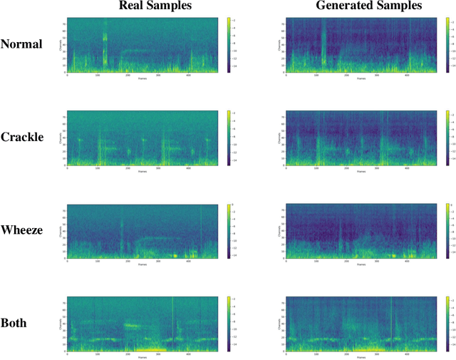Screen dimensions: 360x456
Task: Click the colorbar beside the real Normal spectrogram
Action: [x=228, y=44]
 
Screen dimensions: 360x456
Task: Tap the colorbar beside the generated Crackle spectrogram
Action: [x=447, y=137]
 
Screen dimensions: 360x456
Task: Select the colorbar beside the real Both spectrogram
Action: [x=228, y=323]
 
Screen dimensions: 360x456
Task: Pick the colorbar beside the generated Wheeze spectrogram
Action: [x=447, y=230]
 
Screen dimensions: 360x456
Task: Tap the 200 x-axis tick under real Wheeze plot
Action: [x=128, y=261]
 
